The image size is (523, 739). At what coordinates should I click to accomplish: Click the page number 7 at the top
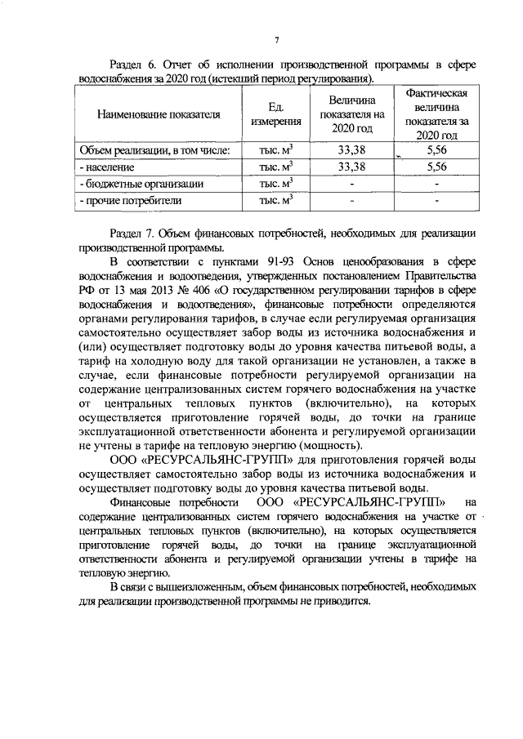click(277, 40)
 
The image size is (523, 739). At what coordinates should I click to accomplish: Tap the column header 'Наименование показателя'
click(159, 114)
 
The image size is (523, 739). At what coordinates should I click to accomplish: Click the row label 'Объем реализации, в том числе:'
click(154, 150)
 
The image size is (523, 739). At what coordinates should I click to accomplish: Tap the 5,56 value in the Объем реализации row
click(436, 150)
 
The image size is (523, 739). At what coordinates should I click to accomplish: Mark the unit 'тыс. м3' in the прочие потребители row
click(276, 199)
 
